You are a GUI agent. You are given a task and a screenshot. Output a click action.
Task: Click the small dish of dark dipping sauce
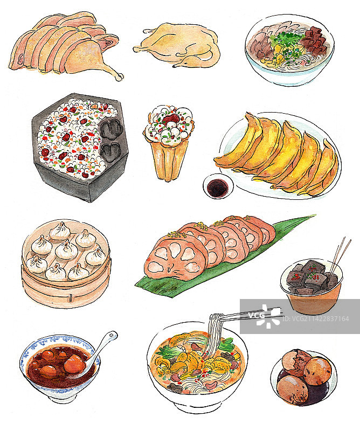coord(218,186)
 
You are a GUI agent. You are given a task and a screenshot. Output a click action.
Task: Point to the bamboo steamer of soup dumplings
coord(66,263)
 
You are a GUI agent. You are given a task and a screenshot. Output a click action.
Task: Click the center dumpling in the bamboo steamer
coord(66,249)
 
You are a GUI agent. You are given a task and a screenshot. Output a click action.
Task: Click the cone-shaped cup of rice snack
coord(168,142)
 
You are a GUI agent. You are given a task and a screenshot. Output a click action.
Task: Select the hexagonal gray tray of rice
coord(80,147)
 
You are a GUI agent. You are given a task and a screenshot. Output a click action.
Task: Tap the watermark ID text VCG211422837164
coord(316,319)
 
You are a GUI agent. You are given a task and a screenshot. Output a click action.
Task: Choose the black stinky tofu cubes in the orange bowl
coord(312,277)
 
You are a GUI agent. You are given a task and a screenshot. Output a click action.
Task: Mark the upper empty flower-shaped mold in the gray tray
coord(110,128)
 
